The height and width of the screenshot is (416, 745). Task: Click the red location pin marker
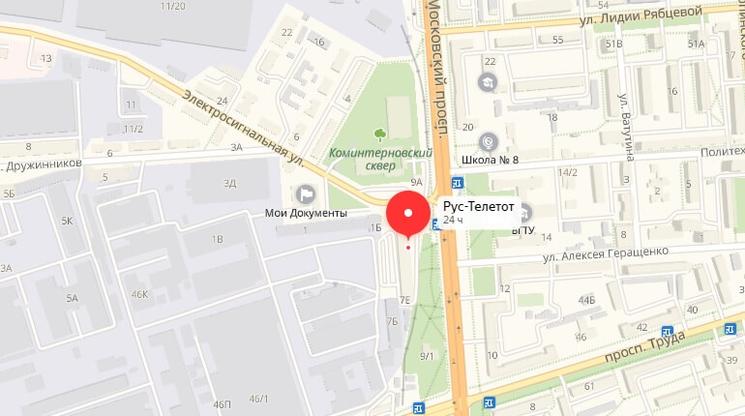point(408,214)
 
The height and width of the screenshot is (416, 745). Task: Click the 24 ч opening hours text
point(453,221)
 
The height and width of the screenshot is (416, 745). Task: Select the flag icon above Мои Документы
point(306,194)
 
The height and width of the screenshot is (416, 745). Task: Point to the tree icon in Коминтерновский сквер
point(379,135)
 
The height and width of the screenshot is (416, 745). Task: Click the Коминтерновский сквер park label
point(365,159)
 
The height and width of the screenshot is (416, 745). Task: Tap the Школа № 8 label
point(492,160)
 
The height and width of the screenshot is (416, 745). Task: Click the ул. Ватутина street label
point(627,125)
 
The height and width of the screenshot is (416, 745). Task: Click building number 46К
point(140,294)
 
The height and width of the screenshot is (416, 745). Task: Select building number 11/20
point(174,6)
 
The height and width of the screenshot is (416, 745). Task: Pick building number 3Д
point(229,182)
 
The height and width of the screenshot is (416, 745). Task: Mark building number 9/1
point(427,357)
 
